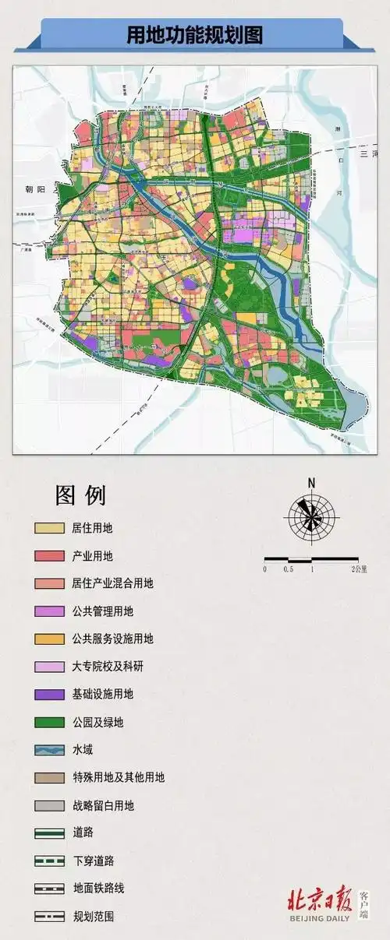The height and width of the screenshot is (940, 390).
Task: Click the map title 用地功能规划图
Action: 195,35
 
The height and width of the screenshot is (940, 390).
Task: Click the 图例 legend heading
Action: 80,495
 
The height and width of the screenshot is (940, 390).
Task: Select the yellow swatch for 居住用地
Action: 49,528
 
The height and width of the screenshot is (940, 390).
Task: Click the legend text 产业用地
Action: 92,556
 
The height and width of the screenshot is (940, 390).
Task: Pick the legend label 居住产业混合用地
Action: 112,583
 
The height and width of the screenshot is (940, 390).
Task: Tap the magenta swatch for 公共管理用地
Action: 49,611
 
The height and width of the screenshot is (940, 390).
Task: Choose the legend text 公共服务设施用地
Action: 112,639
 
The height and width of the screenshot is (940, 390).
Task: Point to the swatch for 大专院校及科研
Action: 49,667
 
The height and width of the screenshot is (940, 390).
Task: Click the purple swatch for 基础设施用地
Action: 49,695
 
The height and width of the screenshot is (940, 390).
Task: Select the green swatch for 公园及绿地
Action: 49,722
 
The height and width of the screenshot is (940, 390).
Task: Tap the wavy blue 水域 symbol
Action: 49,750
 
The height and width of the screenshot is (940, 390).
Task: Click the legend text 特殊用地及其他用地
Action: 118,777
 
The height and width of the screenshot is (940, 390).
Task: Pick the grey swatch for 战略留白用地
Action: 49,805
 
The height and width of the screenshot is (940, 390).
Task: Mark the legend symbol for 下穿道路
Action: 49,861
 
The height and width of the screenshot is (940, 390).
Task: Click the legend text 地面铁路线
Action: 97,889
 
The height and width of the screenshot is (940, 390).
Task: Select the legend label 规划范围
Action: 92,917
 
